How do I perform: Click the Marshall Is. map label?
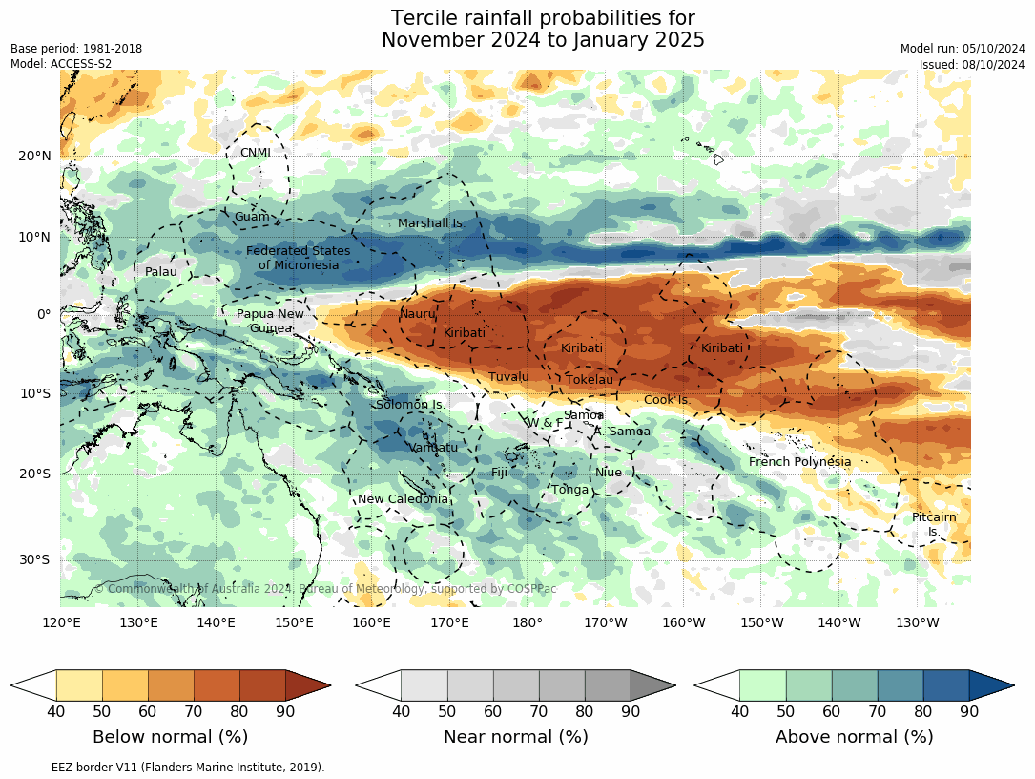429,223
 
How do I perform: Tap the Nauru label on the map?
417,313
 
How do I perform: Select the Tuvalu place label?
508,377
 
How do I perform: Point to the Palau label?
161,272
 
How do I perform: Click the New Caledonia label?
403,499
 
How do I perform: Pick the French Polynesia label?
799,462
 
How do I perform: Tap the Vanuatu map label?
433,447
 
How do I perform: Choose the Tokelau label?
590,380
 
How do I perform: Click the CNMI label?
255,153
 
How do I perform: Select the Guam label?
252,217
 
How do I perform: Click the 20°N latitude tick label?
34,156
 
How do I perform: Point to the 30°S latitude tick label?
35,559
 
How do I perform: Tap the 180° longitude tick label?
528,623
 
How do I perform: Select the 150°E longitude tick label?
294,623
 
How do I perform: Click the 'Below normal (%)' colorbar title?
170,737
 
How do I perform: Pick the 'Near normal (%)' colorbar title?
515,737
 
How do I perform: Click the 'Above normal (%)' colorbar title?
854,737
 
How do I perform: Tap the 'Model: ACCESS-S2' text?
61,64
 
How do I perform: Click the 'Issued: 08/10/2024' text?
971,64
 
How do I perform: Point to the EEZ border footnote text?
168,767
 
